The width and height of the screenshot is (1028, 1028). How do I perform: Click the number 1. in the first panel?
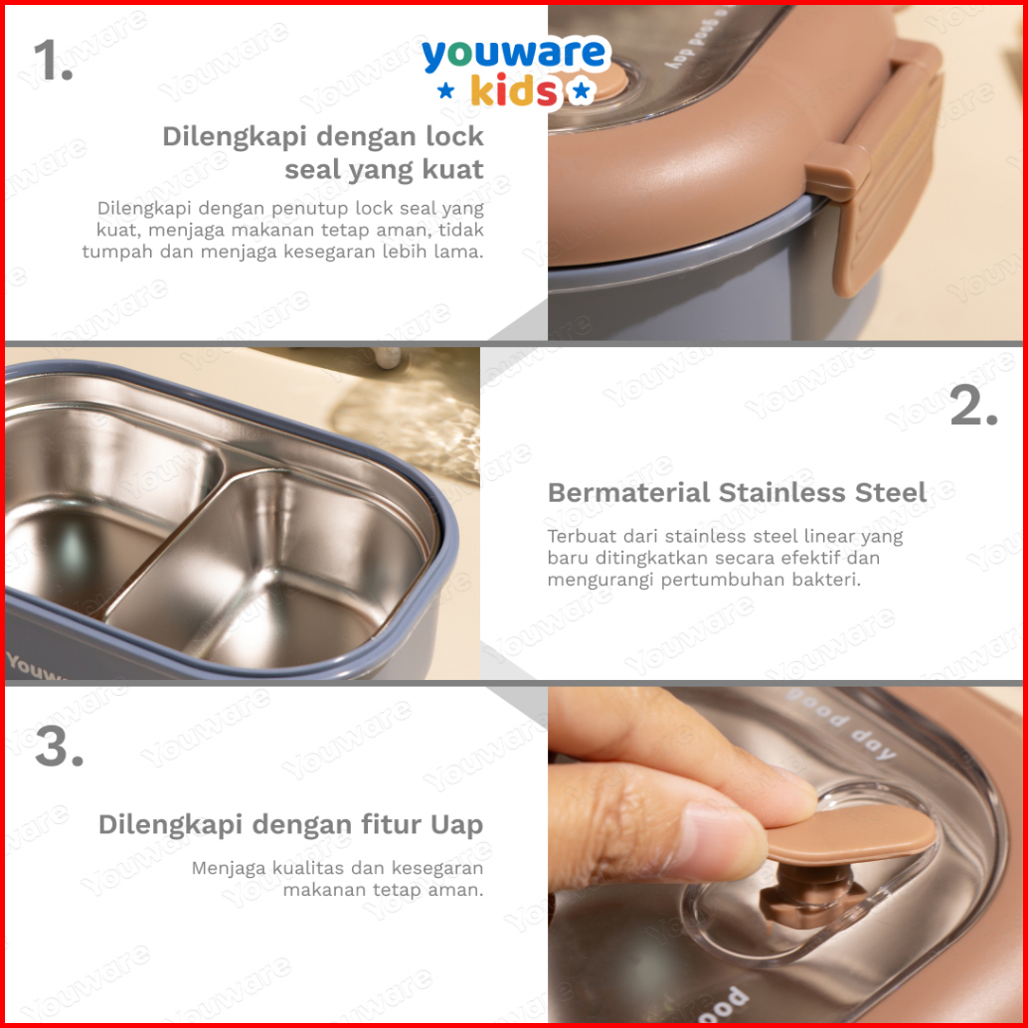tap(53, 60)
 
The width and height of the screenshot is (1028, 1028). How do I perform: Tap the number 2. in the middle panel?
tap(974, 407)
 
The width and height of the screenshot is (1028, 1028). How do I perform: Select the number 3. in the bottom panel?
tap(59, 747)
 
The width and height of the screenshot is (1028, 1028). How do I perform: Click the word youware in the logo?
tap(514, 54)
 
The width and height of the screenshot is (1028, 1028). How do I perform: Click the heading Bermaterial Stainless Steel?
tap(737, 492)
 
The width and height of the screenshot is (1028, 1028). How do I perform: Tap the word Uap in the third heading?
tap(457, 825)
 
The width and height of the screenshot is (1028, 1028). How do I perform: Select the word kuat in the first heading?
tap(452, 169)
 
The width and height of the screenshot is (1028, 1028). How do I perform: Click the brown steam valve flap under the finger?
tap(851, 834)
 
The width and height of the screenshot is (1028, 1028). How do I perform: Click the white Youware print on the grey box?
tap(33, 667)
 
